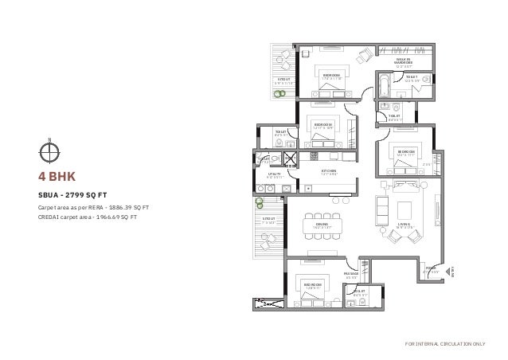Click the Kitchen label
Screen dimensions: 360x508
(x=330, y=171)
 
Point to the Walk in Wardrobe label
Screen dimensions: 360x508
(x=404, y=61)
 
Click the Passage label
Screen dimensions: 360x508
(x=351, y=275)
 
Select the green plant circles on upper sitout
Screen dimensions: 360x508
(x=279, y=93)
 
